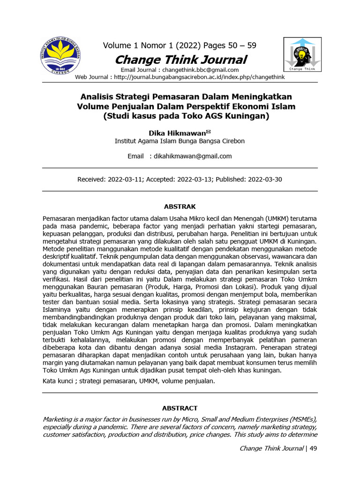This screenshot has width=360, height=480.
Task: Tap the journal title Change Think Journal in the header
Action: point(180,60)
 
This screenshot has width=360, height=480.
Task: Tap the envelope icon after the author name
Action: point(209,132)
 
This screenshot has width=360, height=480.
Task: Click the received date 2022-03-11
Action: point(123,180)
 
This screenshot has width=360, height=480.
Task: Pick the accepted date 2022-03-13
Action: point(197,180)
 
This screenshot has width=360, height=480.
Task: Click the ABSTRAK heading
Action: point(180,206)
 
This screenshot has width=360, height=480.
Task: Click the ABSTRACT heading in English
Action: point(180,408)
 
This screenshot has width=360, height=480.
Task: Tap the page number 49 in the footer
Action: point(314,448)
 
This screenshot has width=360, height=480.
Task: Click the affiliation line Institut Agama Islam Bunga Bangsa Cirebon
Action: point(180,141)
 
